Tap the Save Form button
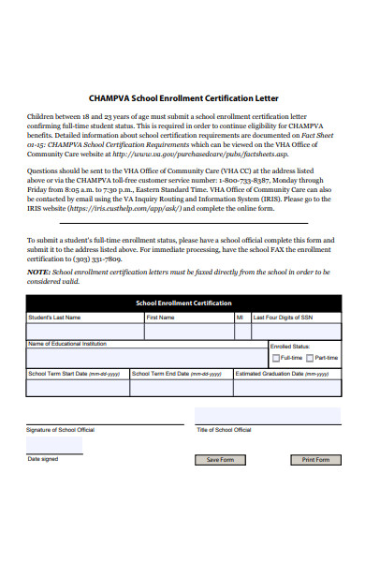pos(220,460)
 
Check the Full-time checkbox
pos(275,358)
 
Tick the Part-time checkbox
pos(310,358)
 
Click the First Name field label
pos(160,318)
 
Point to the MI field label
pos(240,318)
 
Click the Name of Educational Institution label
pos(67,344)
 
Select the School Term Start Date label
pos(75,373)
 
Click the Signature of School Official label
pos(61,429)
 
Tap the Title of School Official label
pos(224,429)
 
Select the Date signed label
pos(43,459)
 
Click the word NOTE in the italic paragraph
pos(37,271)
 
